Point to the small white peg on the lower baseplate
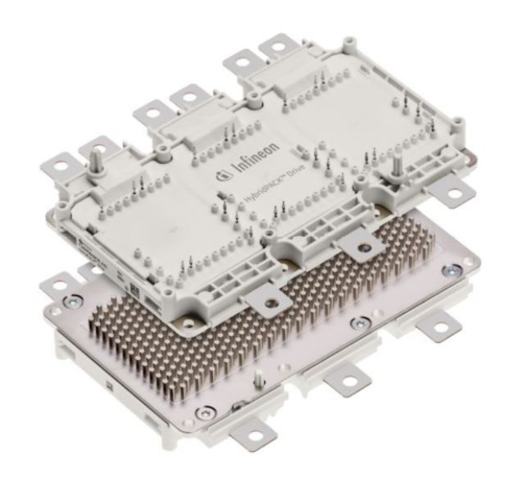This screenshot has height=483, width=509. (261, 376)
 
